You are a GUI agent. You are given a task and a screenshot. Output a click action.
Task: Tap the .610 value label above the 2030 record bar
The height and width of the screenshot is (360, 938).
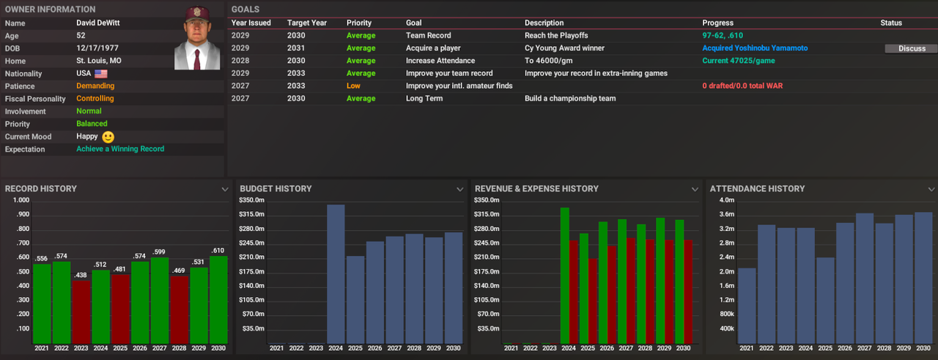click(218, 251)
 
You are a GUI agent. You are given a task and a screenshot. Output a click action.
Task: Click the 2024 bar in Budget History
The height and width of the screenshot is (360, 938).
click(336, 273)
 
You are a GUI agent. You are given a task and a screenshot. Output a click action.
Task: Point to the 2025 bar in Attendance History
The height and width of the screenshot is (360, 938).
click(825, 300)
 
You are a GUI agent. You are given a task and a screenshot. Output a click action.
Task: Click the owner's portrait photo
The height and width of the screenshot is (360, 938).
click(198, 38)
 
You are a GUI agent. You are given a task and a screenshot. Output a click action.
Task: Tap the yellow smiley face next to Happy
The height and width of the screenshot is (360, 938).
click(108, 137)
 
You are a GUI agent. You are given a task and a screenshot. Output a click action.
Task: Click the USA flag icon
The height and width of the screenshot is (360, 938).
click(101, 74)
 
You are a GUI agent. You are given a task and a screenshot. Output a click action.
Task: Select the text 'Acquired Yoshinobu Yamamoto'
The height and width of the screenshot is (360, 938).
click(755, 48)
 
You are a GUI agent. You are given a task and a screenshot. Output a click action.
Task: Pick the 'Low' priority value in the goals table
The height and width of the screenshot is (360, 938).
click(353, 86)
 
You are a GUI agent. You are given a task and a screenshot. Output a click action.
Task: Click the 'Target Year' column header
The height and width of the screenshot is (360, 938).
click(307, 23)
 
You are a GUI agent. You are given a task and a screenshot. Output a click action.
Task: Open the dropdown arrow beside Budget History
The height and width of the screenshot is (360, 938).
click(459, 189)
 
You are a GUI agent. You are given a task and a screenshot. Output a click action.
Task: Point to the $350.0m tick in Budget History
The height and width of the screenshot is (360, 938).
click(251, 200)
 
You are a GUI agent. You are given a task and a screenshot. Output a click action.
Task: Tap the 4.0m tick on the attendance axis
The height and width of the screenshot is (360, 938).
click(726, 200)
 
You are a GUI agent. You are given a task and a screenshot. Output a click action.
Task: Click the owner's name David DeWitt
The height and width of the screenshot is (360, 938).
click(100, 23)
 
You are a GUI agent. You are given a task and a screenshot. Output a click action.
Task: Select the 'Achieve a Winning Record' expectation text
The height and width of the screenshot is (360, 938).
click(120, 149)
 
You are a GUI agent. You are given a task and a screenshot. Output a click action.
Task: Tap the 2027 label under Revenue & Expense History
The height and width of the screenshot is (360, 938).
click(624, 348)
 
